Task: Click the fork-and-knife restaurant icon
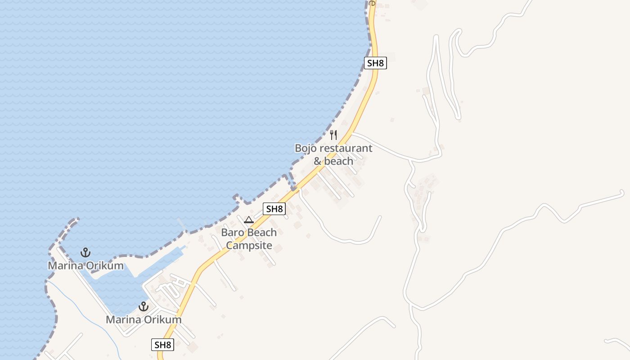click(333, 135)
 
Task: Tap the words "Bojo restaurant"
click(333, 148)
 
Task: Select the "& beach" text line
click(333, 161)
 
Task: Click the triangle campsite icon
click(248, 220)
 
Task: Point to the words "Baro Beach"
click(249, 233)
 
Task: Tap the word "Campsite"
click(249, 245)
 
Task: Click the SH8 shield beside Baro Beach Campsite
click(274, 209)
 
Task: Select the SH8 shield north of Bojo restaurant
click(375, 63)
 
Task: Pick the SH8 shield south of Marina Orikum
click(162, 345)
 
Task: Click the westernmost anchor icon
click(85, 252)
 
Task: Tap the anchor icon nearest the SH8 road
click(143, 307)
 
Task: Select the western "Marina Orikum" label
click(85, 265)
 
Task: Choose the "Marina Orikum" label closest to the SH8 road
click(144, 320)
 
